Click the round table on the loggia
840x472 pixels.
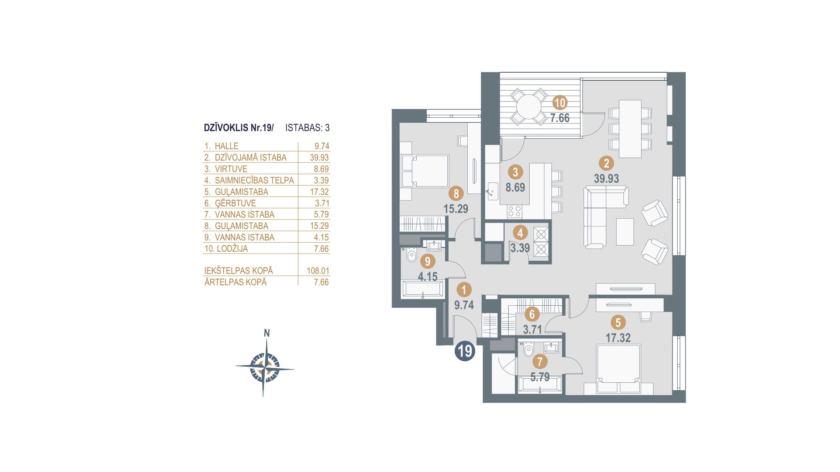point(529,107)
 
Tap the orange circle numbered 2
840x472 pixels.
point(606,163)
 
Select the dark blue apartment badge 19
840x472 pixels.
point(465,351)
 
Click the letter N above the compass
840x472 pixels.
point(266,333)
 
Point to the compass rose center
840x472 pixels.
point(264,368)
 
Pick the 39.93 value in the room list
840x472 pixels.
point(319,157)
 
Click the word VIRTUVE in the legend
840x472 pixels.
point(231,169)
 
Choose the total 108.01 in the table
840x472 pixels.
point(318,271)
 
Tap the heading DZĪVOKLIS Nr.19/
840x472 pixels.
point(239,128)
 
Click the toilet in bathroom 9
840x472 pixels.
point(411,254)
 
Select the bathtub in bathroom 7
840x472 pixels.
point(540,384)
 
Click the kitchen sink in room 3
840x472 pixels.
point(492,191)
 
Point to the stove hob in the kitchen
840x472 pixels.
point(514,212)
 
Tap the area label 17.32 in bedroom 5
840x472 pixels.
point(618,338)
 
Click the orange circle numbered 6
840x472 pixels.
point(532,314)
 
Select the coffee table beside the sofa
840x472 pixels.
point(625,232)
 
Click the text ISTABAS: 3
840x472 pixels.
point(307,128)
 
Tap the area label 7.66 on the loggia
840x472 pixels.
point(560,118)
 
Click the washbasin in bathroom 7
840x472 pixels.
point(551,347)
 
